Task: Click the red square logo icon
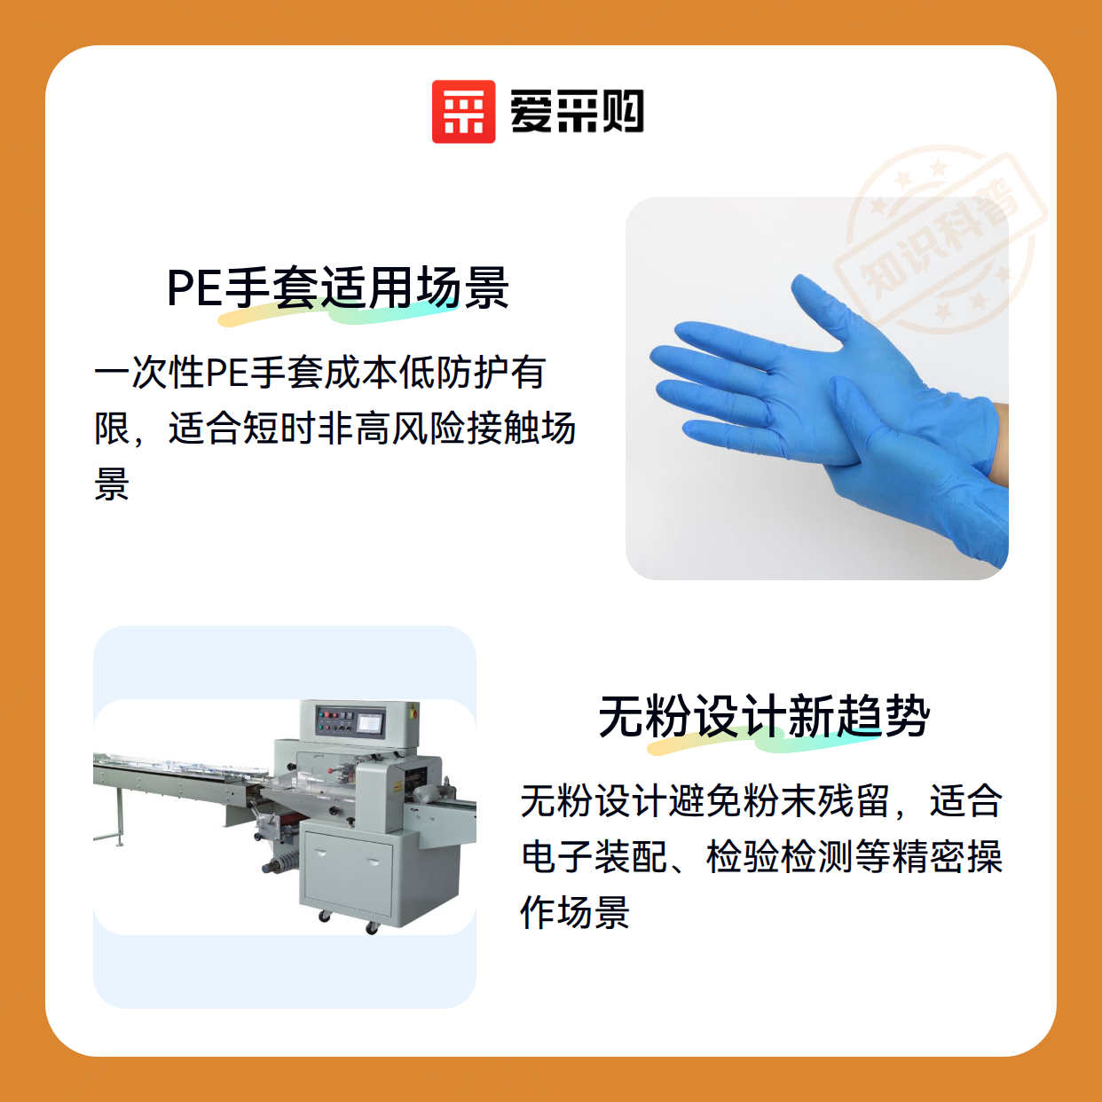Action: click(463, 112)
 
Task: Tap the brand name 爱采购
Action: click(577, 112)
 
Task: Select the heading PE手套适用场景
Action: click(338, 287)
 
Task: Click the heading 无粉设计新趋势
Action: click(764, 716)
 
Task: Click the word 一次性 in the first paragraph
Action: click(150, 373)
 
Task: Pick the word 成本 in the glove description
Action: click(361, 373)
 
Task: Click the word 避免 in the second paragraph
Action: click(706, 800)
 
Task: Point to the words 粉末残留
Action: click(817, 800)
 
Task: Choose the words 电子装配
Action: click(594, 856)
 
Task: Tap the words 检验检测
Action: click(780, 856)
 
